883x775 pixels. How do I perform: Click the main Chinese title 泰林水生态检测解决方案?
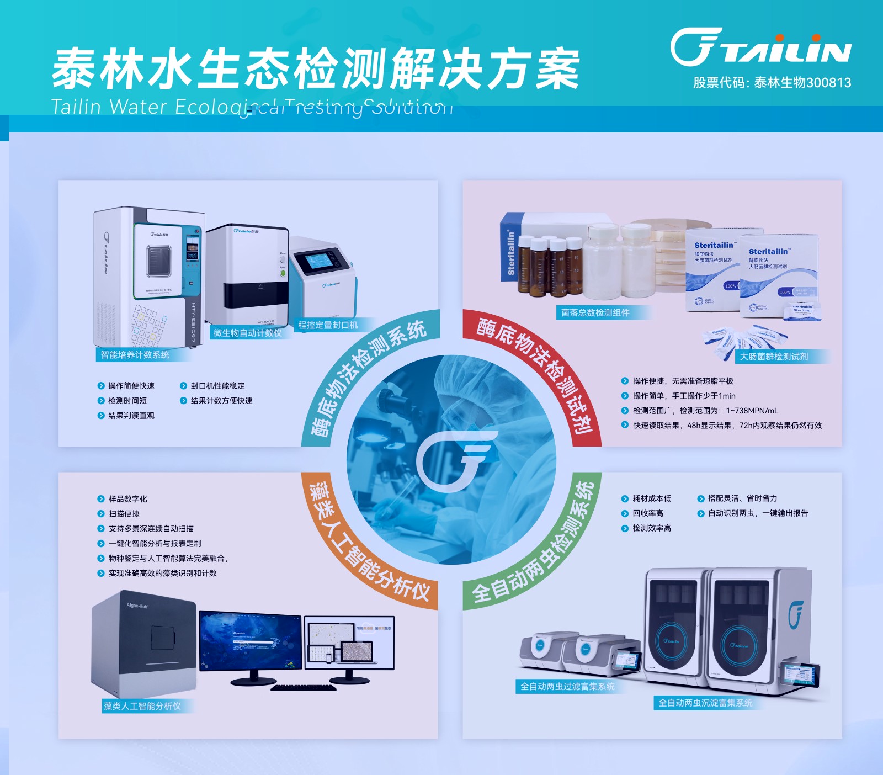(x=316, y=69)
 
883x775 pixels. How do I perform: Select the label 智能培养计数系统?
(x=135, y=355)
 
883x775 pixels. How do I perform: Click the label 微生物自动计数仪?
(x=247, y=333)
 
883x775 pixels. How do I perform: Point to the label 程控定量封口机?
(x=328, y=325)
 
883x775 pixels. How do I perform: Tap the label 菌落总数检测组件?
(x=595, y=313)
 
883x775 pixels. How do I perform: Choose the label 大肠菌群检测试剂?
(x=774, y=357)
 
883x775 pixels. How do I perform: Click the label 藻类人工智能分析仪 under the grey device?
(x=142, y=706)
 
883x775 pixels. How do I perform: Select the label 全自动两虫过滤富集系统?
(x=567, y=687)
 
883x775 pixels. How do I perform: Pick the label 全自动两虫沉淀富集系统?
(x=705, y=703)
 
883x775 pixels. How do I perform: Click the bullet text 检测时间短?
(x=127, y=401)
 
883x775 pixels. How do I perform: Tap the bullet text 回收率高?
(x=648, y=513)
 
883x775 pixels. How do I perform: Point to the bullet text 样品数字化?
(x=127, y=499)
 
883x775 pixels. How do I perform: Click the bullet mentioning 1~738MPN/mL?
(x=705, y=411)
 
